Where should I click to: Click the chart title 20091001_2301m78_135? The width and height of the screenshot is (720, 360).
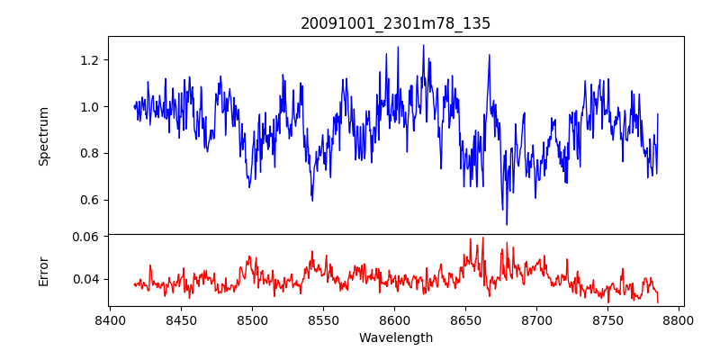click(395, 23)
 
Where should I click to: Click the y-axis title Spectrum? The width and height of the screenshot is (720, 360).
click(43, 136)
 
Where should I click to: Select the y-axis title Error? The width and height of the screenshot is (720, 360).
click(43, 270)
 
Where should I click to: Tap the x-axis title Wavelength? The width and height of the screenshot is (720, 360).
click(395, 338)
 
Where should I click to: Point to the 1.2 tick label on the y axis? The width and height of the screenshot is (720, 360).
click(92, 60)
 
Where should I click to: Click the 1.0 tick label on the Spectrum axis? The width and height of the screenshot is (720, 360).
click(92, 107)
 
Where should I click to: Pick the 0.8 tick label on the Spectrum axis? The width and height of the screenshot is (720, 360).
click(92, 153)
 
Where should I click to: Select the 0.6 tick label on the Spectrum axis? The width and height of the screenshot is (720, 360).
click(92, 200)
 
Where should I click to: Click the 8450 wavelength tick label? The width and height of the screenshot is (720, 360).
click(181, 319)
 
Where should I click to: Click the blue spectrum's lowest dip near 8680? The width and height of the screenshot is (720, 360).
click(507, 223)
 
